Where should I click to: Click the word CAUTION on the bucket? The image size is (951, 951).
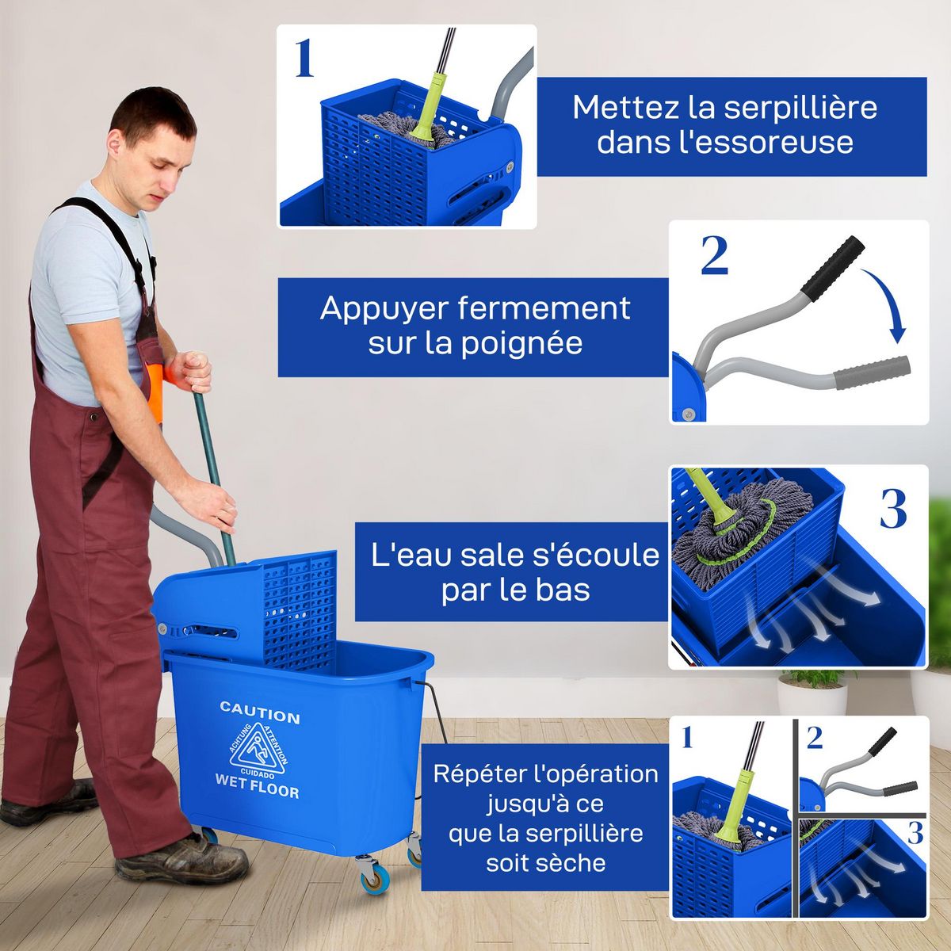coord(259,712)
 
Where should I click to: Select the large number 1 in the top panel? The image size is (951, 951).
coord(304,59)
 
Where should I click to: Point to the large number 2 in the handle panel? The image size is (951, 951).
coord(714,256)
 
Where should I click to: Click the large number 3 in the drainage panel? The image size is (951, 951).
coord(893,509)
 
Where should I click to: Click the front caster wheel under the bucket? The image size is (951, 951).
coord(372,875)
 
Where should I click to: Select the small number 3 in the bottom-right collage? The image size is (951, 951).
coord(915,833)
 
